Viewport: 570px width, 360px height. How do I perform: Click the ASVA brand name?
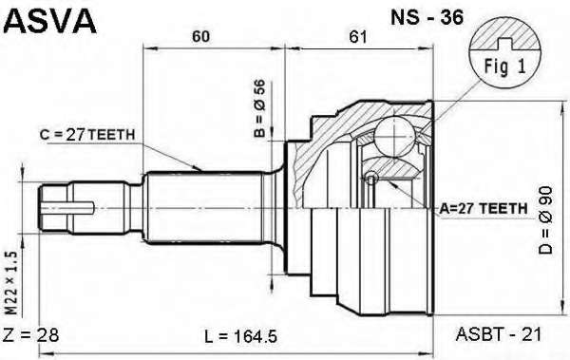click(49, 21)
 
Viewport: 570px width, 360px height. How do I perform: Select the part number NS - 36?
click(427, 17)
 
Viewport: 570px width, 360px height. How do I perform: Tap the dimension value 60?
click(201, 36)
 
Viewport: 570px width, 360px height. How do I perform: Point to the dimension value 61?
click(358, 36)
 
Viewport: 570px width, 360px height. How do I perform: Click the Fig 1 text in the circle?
click(505, 66)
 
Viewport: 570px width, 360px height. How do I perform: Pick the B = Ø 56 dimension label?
click(260, 108)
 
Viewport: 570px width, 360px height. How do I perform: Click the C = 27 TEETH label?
click(87, 135)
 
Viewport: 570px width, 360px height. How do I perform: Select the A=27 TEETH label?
click(484, 208)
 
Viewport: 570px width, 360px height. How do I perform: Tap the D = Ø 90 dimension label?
click(545, 220)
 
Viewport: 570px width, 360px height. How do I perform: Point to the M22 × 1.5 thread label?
click(11, 283)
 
